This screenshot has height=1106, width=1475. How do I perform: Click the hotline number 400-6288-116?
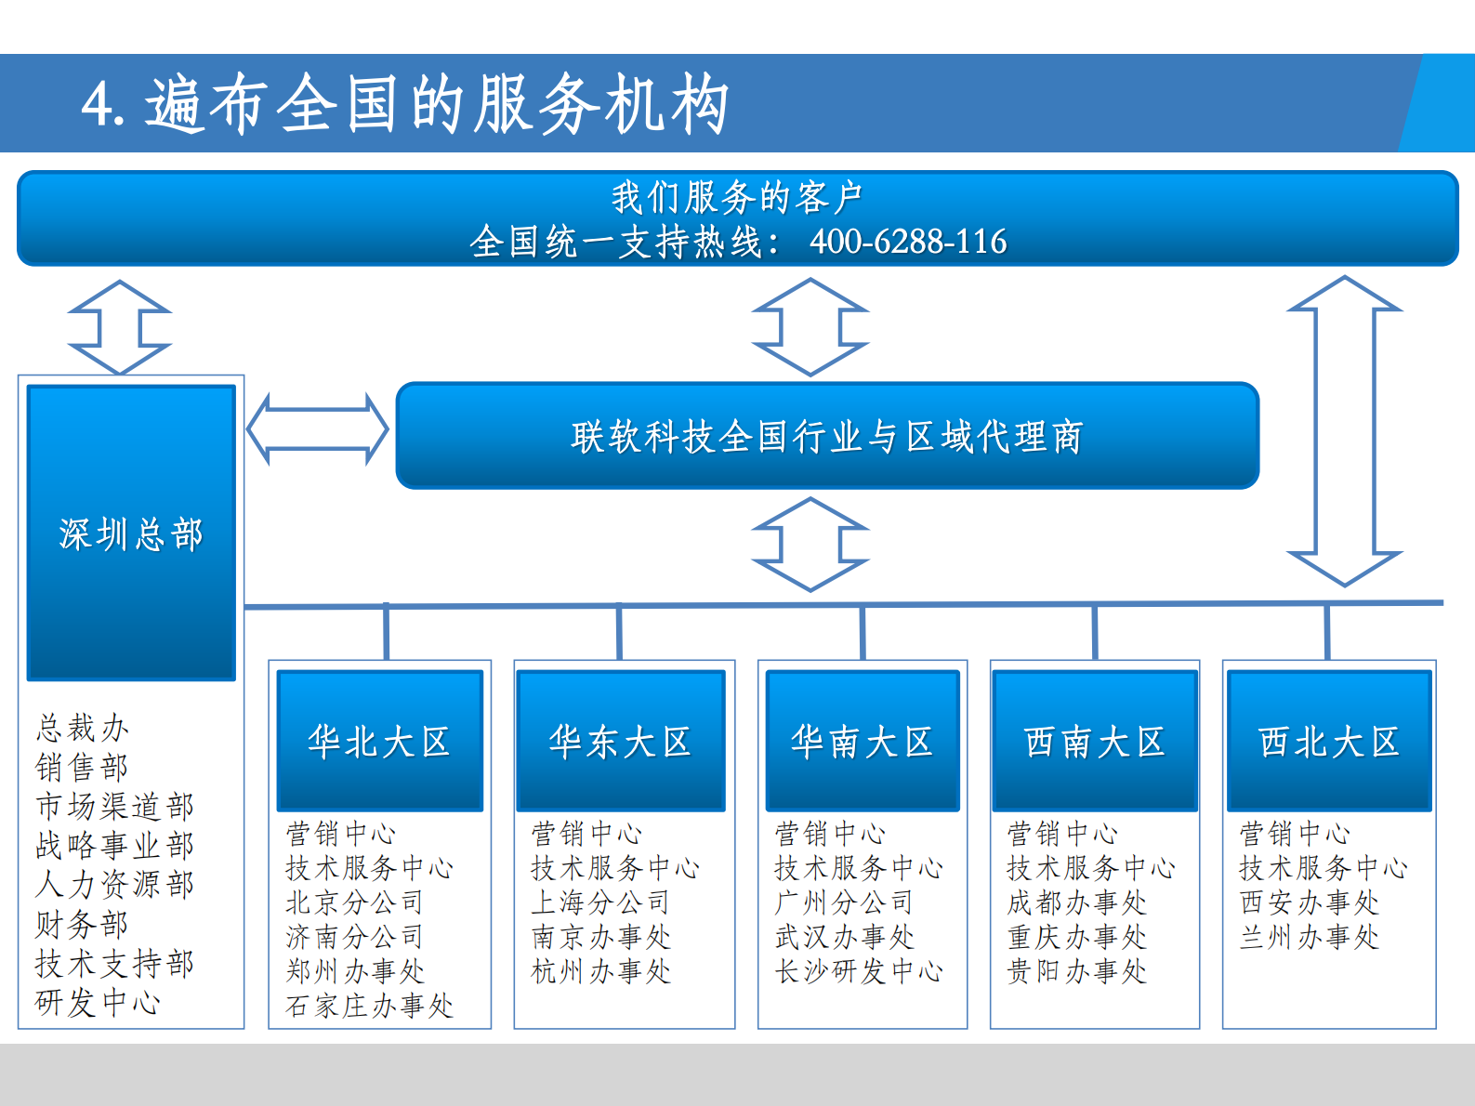908,242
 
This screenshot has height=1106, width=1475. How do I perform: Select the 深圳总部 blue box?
131,533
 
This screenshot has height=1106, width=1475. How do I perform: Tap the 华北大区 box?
379,741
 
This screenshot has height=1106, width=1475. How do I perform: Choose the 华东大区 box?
620,741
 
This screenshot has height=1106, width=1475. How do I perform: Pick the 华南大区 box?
863,741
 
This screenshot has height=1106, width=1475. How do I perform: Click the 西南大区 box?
1095,741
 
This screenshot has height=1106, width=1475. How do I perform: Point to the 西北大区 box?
1329,741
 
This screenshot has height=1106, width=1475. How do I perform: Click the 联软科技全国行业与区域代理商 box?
827,436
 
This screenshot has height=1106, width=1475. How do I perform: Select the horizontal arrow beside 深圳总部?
318,429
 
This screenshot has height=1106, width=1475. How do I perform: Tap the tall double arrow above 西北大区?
1344,431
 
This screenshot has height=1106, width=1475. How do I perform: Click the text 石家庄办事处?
369,1006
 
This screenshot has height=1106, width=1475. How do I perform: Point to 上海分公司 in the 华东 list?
600,902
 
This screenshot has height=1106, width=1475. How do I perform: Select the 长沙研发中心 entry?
859,971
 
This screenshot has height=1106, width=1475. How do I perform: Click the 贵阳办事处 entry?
1076,971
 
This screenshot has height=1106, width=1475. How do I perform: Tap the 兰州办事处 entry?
1309,937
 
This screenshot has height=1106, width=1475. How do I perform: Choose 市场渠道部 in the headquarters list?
115,806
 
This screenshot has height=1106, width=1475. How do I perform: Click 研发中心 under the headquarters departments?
98,1002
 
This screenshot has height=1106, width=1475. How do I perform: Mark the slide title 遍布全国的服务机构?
437,104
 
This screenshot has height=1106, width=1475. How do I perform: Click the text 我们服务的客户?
737,198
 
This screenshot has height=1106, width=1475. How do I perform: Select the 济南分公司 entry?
354,937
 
